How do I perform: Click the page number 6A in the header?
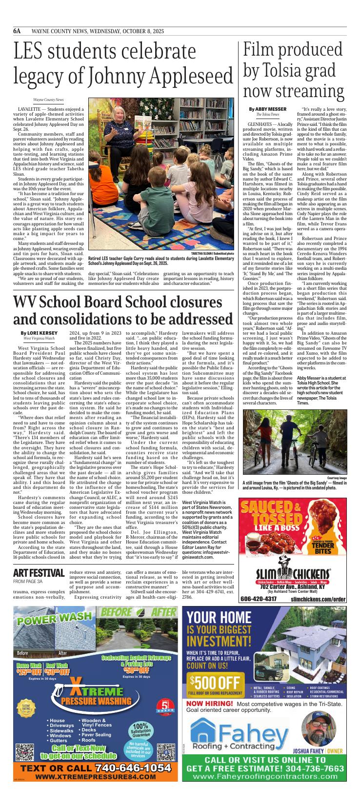(17, 31)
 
